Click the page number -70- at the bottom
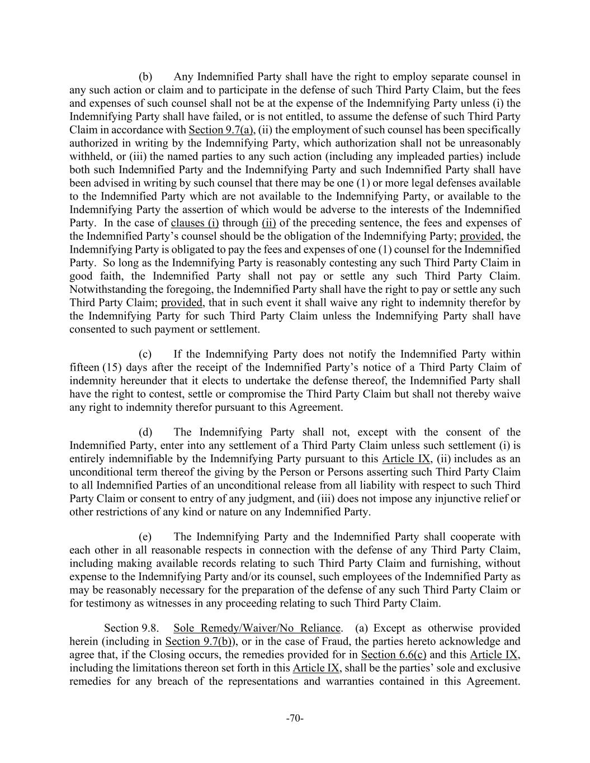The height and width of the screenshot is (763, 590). click(295, 718)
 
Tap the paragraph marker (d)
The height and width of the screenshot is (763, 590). click(145, 432)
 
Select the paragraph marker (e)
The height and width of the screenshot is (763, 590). click(145, 537)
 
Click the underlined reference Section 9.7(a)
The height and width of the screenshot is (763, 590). click(221, 130)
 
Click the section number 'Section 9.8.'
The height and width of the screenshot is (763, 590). click(131, 628)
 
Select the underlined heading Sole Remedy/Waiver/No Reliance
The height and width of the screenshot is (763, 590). click(257, 628)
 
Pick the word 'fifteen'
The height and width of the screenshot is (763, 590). click(84, 368)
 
